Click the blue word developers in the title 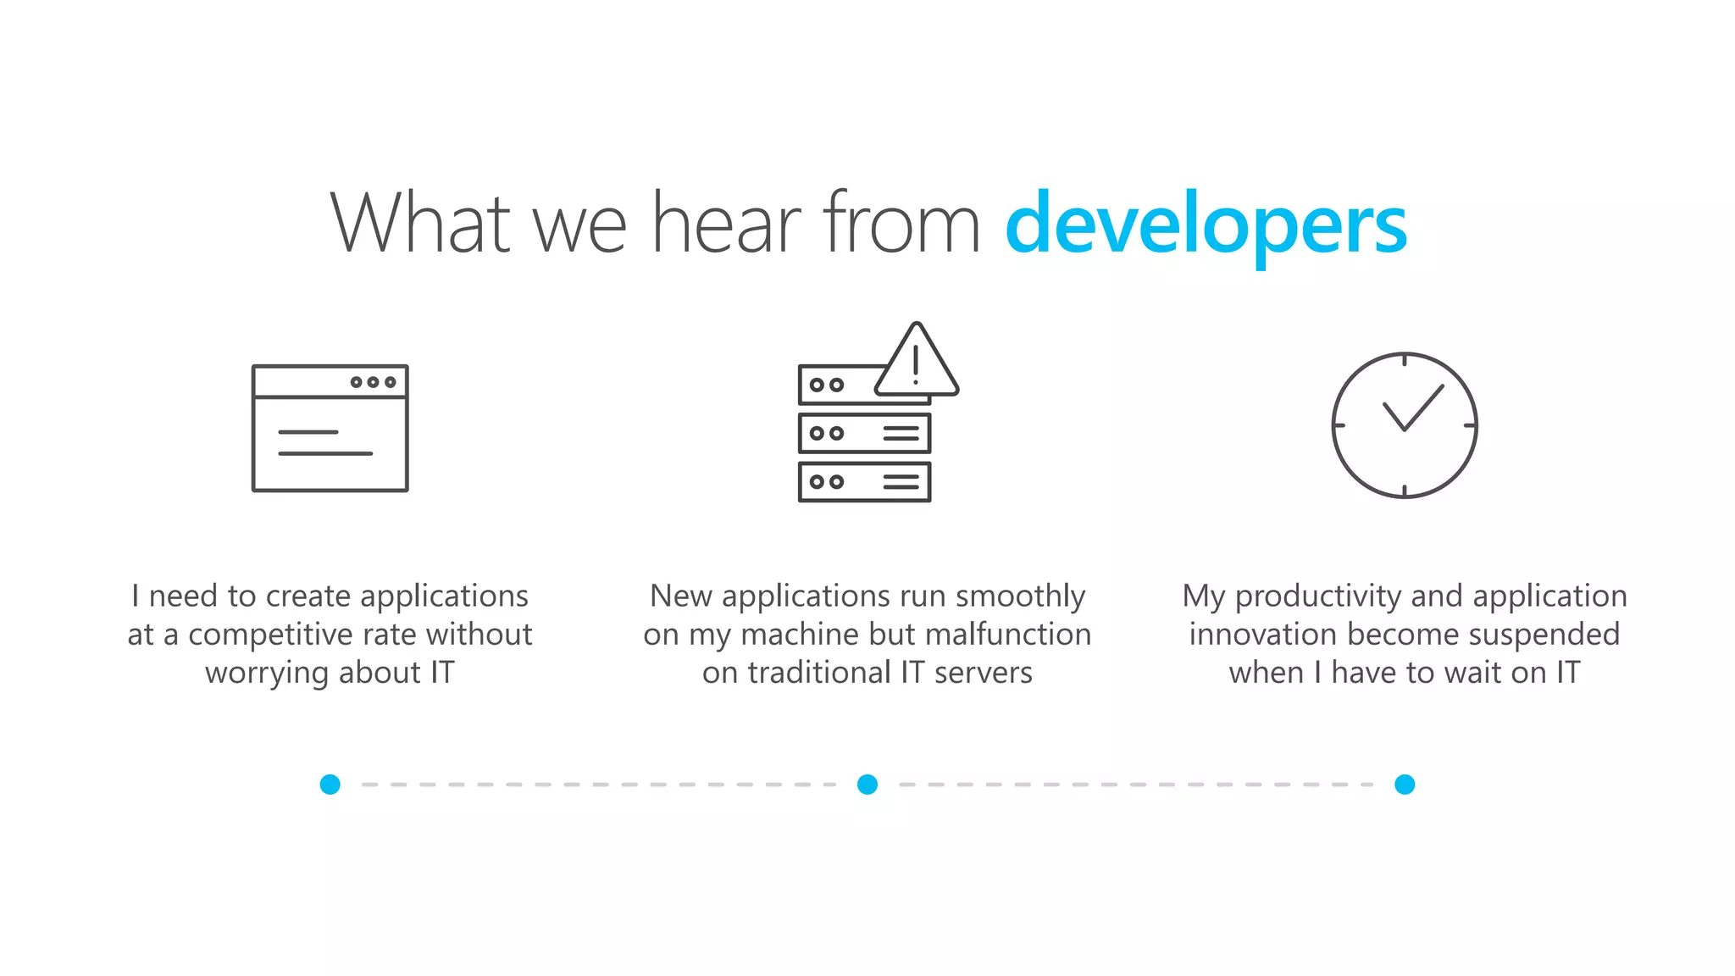1206,225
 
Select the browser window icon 330,428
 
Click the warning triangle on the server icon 916,363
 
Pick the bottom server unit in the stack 864,482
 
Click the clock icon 1404,425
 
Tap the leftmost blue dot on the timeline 330,785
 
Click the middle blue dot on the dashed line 867,785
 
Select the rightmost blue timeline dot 1405,785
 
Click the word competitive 271,635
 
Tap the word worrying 267,674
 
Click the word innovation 1263,635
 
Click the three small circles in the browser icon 373,382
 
